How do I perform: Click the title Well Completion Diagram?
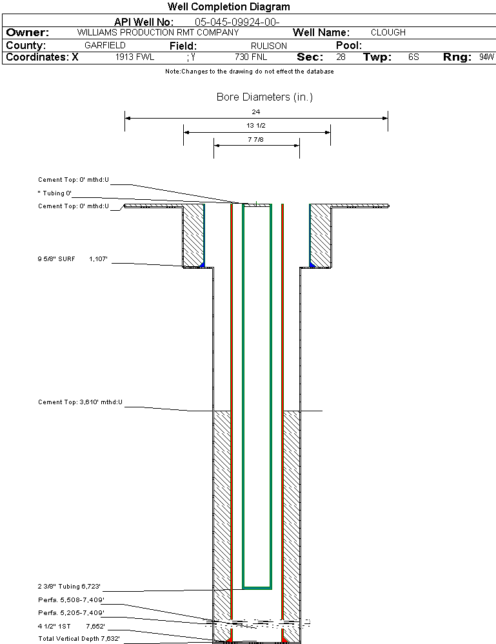click(x=228, y=7)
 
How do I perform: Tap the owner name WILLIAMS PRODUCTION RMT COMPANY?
click(x=157, y=32)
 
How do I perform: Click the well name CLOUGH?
click(x=388, y=32)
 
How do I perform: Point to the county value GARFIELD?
click(x=104, y=46)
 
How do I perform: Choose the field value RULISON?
click(x=269, y=46)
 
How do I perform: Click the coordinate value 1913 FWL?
click(x=135, y=57)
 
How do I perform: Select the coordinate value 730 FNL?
click(x=251, y=57)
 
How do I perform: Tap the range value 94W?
click(x=486, y=57)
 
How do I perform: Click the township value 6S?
click(x=413, y=57)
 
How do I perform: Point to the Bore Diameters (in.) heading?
click(x=264, y=97)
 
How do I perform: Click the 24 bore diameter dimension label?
click(x=256, y=112)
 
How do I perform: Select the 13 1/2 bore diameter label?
click(x=256, y=125)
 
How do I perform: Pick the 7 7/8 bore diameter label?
click(x=256, y=139)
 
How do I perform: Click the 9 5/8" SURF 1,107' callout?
click(x=72, y=259)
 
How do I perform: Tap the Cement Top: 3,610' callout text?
click(x=80, y=402)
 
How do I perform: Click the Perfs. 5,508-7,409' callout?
click(x=70, y=600)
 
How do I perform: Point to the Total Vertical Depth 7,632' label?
click(x=79, y=638)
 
